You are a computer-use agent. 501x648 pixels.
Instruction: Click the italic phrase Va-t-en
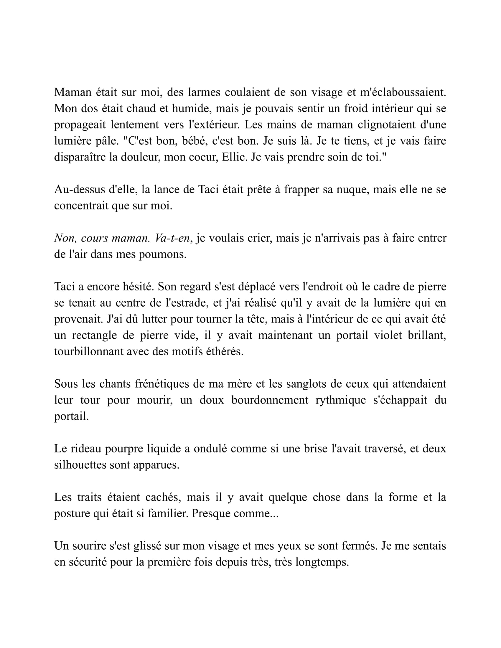(172, 238)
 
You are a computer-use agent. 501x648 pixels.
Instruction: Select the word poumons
(162, 254)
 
